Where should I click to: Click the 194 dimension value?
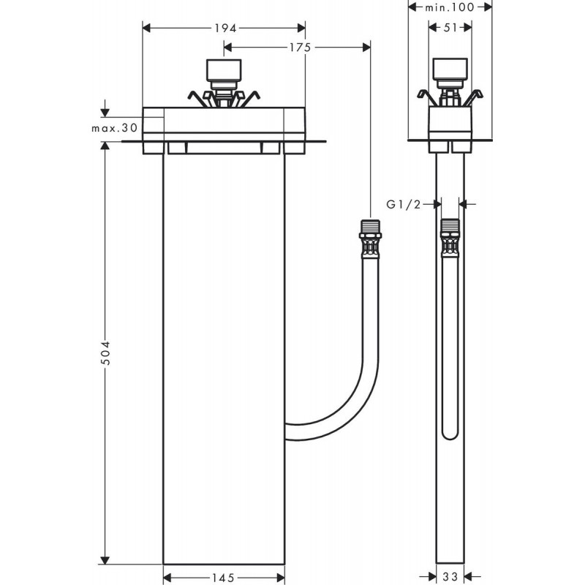(225, 28)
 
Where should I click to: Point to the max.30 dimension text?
(115, 127)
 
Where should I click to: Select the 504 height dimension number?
(105, 355)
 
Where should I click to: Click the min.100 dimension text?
(449, 7)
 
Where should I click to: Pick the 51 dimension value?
(450, 28)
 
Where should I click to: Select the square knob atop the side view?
(449, 69)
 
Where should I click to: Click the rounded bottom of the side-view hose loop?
(450, 437)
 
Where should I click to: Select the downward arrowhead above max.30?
(105, 113)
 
